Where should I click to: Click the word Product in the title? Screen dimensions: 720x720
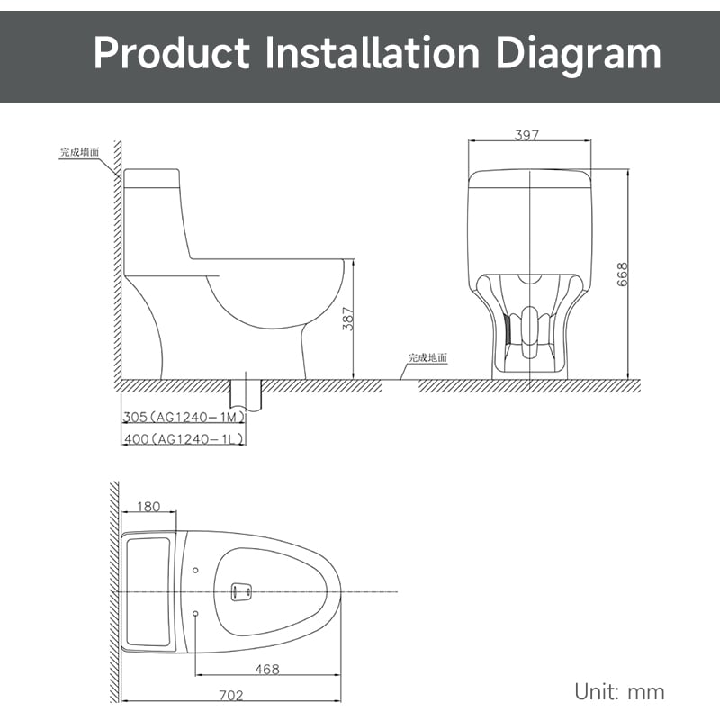point(172,53)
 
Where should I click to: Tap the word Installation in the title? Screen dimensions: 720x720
point(373,53)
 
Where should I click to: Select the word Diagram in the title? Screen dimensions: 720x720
point(579,56)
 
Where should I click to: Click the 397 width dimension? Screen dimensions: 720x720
point(526,135)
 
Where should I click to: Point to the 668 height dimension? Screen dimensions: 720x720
point(622,274)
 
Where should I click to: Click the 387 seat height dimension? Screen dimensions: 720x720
point(348,319)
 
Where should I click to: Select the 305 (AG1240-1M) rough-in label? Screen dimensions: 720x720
point(184,417)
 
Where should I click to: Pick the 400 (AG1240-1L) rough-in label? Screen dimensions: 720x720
point(184,439)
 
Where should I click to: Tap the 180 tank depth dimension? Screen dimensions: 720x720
point(148,507)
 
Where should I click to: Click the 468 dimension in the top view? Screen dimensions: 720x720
point(267,669)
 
